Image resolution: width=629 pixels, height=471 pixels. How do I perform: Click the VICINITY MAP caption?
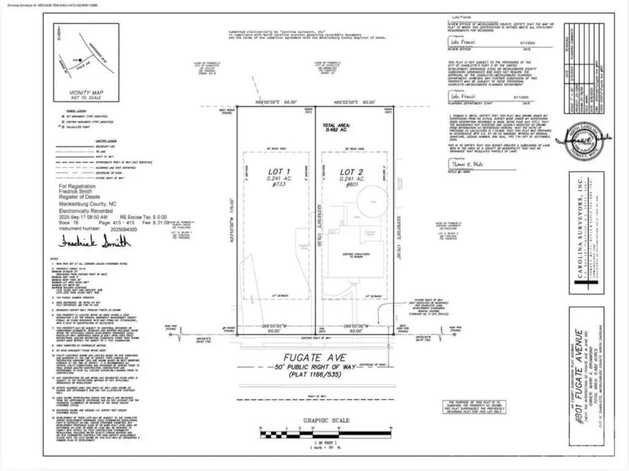coord(86,95)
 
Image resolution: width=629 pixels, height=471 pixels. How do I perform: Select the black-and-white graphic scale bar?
coord(326,435)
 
